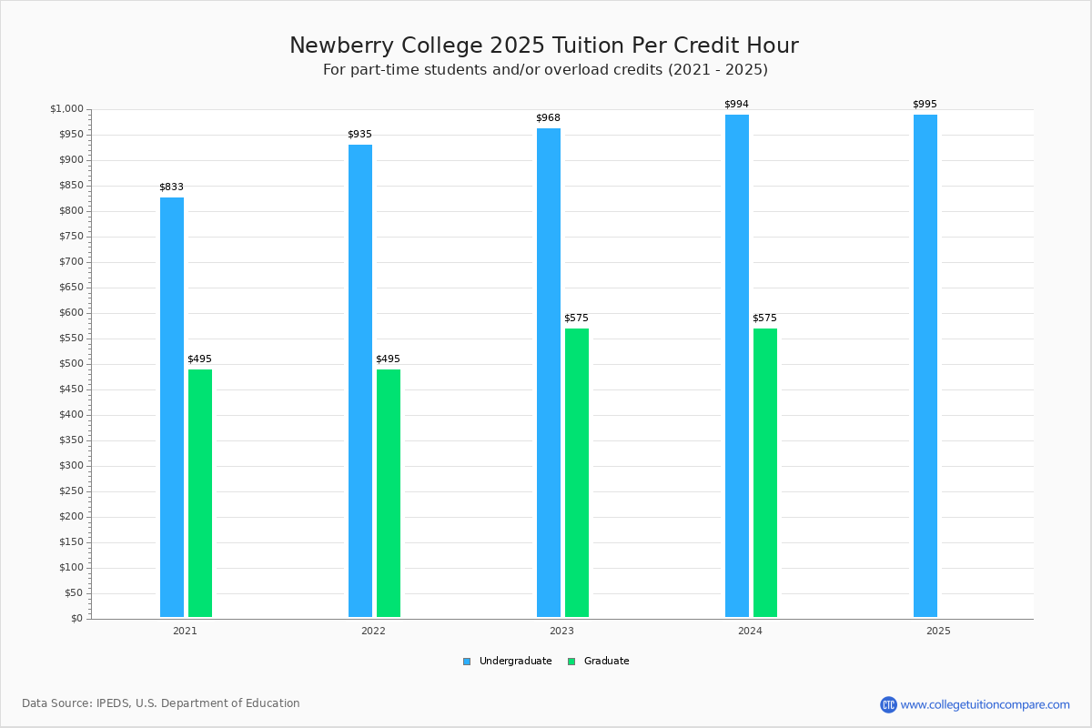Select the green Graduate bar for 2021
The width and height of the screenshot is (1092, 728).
[200, 492]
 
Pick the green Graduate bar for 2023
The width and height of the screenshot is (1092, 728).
[577, 472]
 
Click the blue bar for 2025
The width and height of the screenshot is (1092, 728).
[925, 365]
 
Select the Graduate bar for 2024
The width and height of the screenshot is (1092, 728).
[765, 472]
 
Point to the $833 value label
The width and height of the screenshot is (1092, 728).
[171, 187]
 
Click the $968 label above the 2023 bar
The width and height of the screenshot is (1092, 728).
[548, 118]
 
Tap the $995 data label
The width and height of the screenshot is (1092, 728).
[925, 105]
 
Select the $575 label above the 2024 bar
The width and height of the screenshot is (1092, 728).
[764, 318]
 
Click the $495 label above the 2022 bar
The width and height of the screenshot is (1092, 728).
[388, 359]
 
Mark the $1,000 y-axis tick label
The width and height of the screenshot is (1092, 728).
[66, 109]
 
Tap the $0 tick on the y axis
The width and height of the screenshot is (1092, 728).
[76, 619]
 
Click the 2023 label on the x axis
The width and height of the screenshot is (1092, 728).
[561, 631]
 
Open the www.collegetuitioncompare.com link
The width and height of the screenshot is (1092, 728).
[985, 704]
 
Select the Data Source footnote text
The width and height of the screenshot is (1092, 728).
[161, 703]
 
